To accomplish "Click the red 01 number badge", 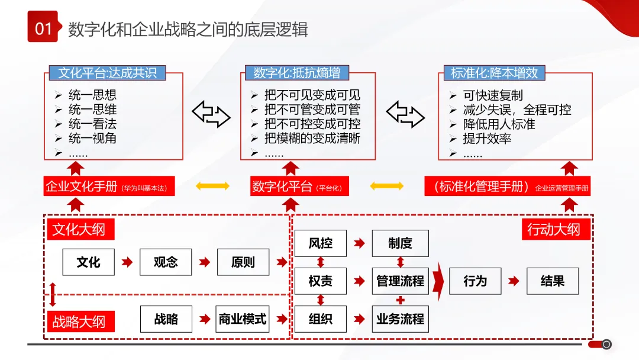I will point(43,27).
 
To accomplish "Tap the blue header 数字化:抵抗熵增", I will point(296,73).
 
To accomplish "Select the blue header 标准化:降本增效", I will point(493,73).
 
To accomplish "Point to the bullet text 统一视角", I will point(92,139).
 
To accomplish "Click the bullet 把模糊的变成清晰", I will point(312,139).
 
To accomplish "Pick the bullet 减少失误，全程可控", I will point(517,110).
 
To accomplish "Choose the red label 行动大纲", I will point(554,229).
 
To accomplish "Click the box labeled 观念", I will point(166,262).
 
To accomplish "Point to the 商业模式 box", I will point(243,319).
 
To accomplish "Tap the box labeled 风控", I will point(320,243).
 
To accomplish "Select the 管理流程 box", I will point(400,281).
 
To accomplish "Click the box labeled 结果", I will point(552,281).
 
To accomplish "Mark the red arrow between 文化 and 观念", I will point(127,262).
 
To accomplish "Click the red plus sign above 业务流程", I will point(400,300).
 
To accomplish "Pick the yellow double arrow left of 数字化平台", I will point(212,187).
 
